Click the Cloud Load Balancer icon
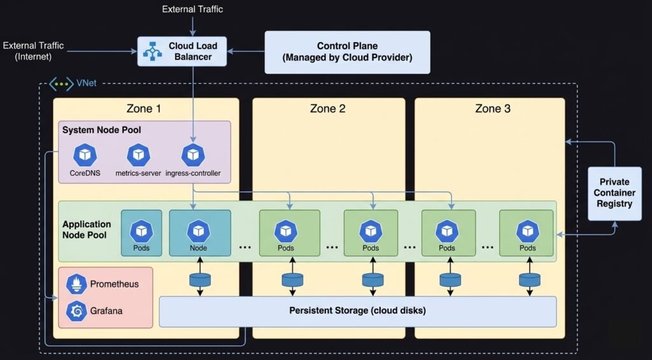click(153, 52)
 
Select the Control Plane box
click(347, 52)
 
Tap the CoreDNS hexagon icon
click(83, 155)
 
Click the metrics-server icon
click(138, 155)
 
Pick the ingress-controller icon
click(192, 155)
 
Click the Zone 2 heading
click(328, 108)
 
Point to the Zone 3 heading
click(493, 108)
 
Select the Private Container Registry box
click(614, 193)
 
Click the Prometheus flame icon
click(77, 284)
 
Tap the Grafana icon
click(77, 311)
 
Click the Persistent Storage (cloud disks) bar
click(357, 311)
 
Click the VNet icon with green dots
click(61, 83)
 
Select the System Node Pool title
click(101, 130)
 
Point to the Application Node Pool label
click(87, 229)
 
